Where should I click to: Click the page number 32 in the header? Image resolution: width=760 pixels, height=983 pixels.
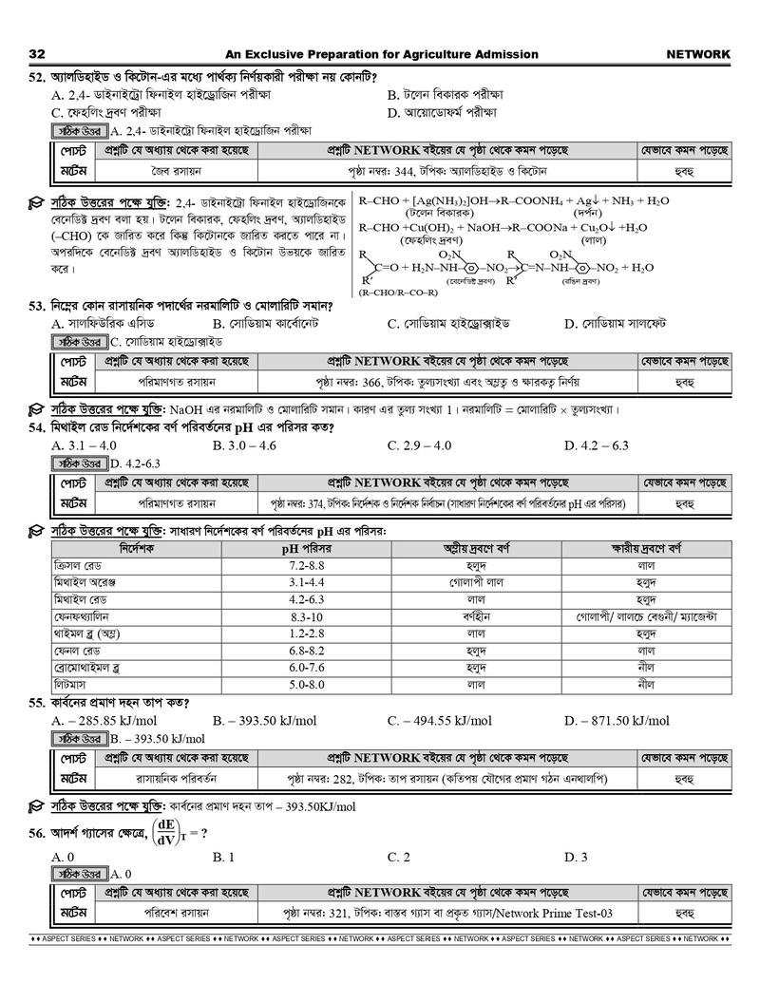(x=38, y=54)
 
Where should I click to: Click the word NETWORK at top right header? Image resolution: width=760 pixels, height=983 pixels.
(x=698, y=54)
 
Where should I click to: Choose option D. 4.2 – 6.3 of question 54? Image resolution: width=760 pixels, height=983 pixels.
(x=597, y=444)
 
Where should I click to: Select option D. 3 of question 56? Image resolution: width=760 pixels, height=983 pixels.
(x=576, y=857)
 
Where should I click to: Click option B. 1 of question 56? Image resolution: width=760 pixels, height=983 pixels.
(x=224, y=857)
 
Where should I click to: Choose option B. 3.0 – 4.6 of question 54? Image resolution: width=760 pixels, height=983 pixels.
(x=245, y=444)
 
